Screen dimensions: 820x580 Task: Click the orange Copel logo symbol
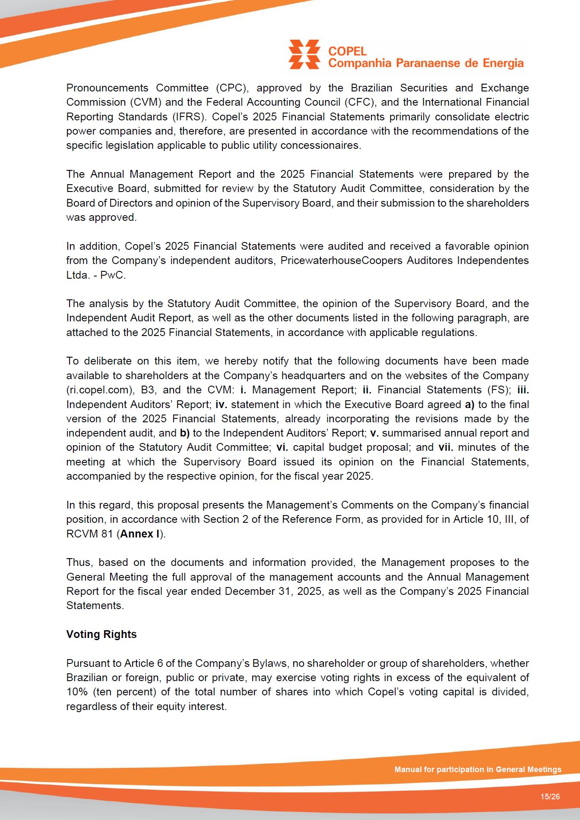[304, 54]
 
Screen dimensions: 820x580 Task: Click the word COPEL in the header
[347, 51]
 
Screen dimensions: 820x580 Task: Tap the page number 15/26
[550, 796]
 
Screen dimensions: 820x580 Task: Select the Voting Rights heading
[101, 634]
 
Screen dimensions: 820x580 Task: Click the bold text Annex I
[140, 534]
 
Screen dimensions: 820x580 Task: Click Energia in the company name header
[503, 63]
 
